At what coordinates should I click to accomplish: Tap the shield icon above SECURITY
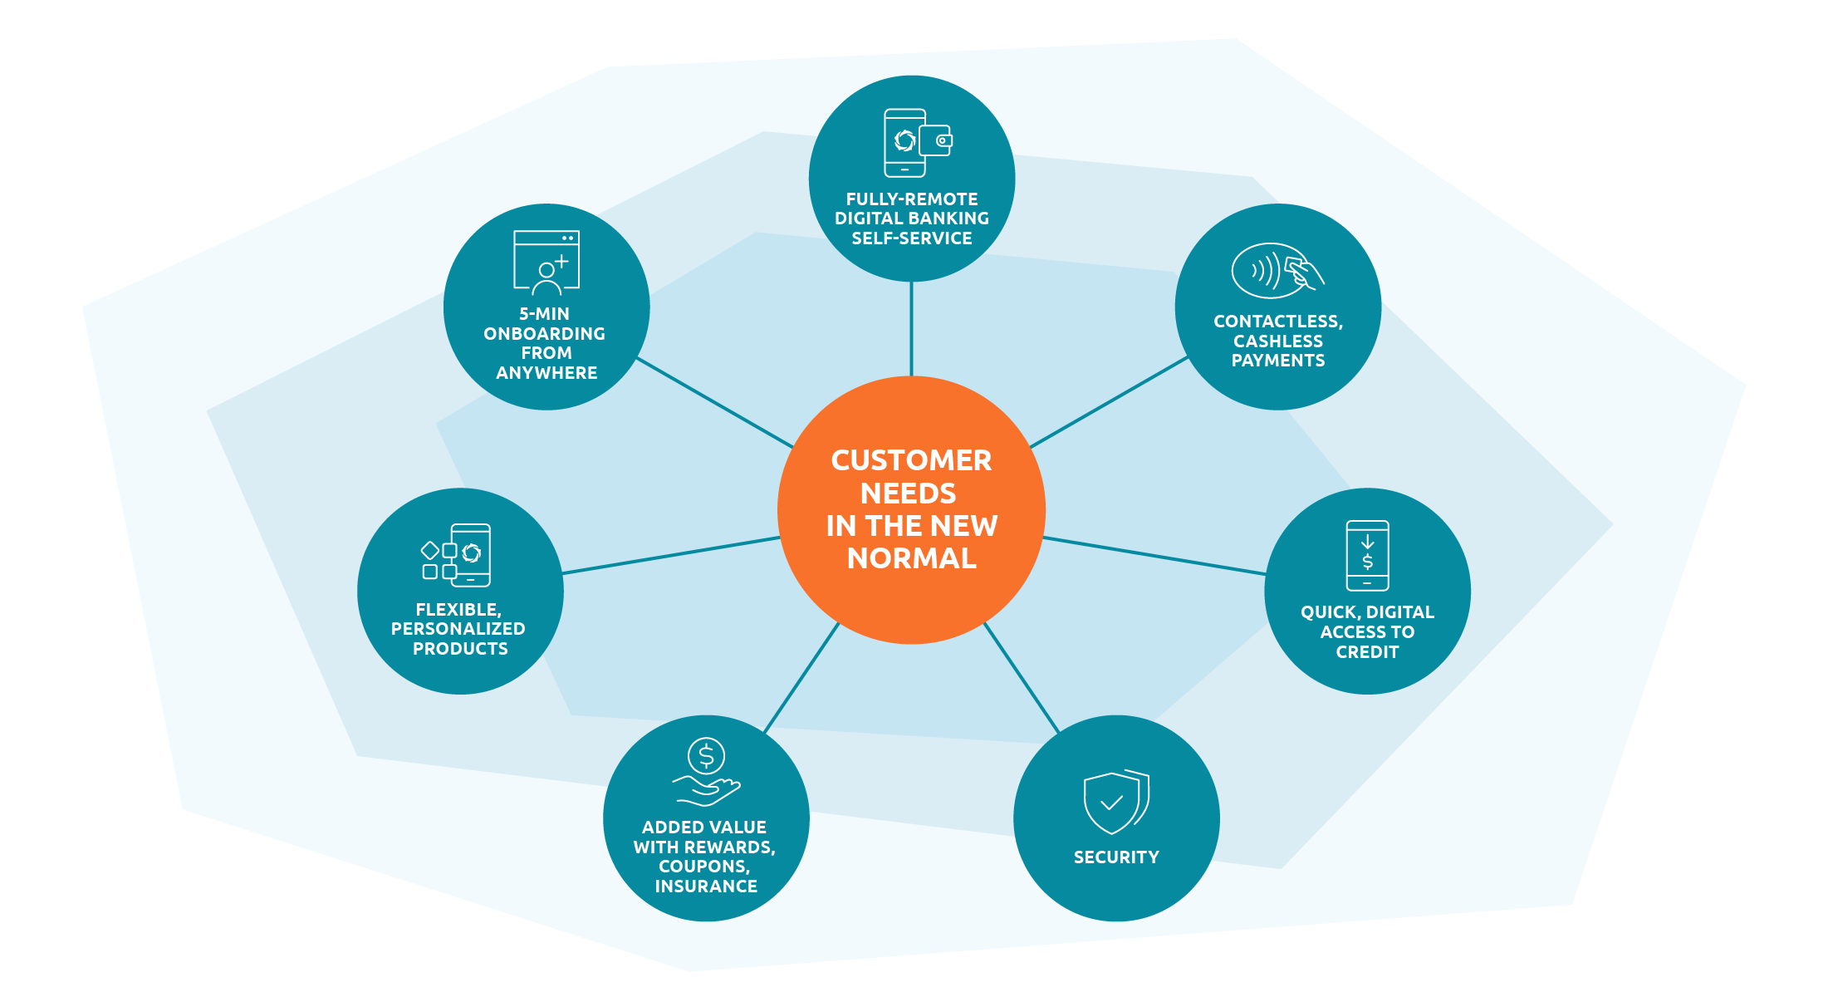point(1115,802)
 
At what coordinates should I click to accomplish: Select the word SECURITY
point(1116,857)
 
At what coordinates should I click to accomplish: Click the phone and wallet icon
point(917,142)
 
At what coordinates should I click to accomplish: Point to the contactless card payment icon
point(1277,271)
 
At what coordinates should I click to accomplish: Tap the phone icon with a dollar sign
point(1367,555)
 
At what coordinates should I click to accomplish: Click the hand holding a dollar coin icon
point(706,772)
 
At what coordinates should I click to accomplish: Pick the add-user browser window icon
point(546,263)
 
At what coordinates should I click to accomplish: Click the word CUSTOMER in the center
point(911,460)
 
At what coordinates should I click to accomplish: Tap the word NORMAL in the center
point(911,558)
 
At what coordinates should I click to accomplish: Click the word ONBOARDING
point(545,334)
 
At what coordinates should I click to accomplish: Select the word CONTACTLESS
point(1277,322)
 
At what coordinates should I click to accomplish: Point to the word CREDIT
point(1367,652)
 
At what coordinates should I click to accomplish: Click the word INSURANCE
point(706,886)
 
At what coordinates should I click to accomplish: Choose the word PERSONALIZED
point(458,629)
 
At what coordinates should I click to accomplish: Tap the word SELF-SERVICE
point(911,238)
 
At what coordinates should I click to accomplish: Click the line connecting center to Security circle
point(1022,678)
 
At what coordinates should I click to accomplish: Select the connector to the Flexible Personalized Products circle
point(671,555)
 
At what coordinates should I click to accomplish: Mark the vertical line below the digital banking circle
point(911,329)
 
